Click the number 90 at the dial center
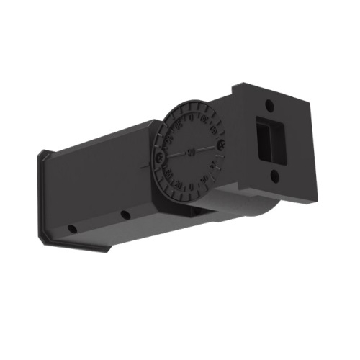pyautogui.click(x=191, y=151)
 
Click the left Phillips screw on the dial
pyautogui.click(x=159, y=156)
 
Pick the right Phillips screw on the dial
pyautogui.click(x=220, y=145)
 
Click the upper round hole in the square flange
pyautogui.click(x=268, y=106)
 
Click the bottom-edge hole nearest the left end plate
pyautogui.click(x=72, y=229)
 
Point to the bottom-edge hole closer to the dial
pyautogui.click(x=125, y=215)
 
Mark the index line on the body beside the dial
pyautogui.click(x=147, y=163)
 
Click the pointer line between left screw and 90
pyautogui.click(x=175, y=154)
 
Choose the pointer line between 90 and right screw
pyautogui.click(x=206, y=148)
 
